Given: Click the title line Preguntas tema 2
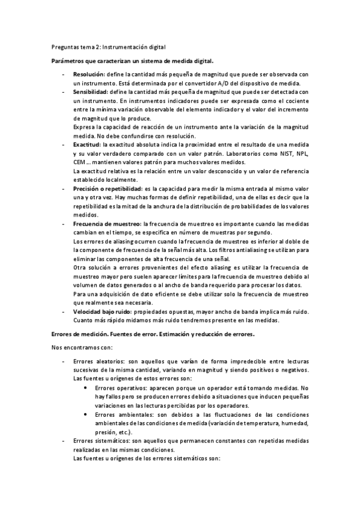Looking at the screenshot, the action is click(106, 46).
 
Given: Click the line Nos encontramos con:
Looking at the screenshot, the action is click(78, 347).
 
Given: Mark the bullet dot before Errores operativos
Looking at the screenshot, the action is click(88, 388).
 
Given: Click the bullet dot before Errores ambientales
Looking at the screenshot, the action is click(88, 414).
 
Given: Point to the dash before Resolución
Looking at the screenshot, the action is click(64, 74).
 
